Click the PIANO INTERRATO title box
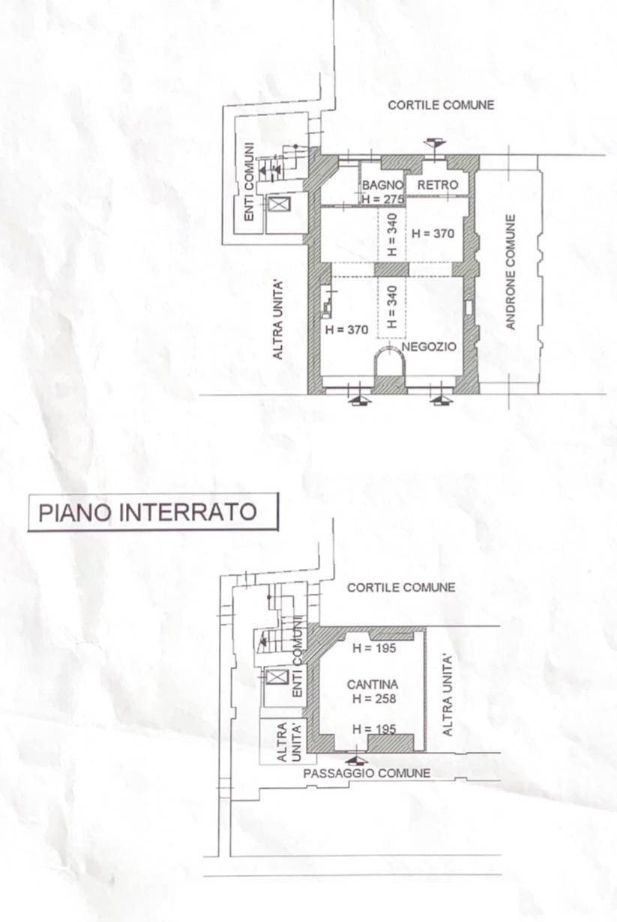[153, 512]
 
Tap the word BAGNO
[383, 185]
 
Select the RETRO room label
[437, 185]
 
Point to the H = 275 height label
[383, 199]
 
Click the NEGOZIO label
[429, 348]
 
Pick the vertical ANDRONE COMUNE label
[511, 271]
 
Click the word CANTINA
[373, 685]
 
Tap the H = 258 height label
[373, 699]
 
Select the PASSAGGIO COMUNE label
[367, 773]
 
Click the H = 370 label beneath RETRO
[433, 234]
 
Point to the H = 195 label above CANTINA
[373, 649]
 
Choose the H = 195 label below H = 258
[373, 729]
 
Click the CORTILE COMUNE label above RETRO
[441, 106]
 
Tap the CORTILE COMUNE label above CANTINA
[400, 588]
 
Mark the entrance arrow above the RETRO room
[434, 143]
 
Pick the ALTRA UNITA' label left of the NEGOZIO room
[277, 318]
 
